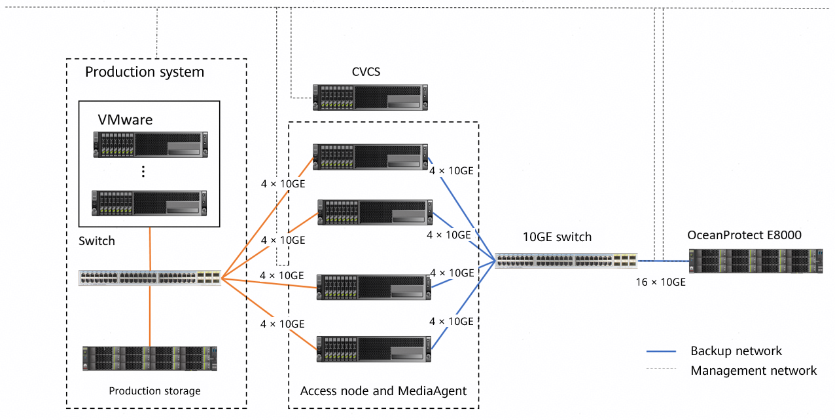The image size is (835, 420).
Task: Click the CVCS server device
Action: (370, 97)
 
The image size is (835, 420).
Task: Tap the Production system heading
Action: (145, 72)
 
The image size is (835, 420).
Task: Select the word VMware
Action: (125, 120)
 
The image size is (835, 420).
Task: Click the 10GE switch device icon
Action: (566, 260)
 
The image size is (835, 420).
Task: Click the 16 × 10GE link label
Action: (661, 282)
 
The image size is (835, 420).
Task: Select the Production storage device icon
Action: (150, 358)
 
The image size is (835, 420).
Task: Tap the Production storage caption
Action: (154, 391)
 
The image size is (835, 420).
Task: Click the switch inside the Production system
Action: (150, 277)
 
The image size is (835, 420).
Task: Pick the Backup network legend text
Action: (736, 351)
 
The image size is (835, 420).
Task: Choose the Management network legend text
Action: (753, 371)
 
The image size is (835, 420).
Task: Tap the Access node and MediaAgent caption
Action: (383, 391)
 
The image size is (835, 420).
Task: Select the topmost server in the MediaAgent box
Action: (370, 155)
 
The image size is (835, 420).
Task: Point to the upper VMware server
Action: (150, 145)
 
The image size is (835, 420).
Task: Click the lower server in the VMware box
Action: (150, 202)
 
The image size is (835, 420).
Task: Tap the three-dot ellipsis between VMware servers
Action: (143, 172)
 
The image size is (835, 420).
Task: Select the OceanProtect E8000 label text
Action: (744, 235)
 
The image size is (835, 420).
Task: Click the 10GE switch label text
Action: (557, 237)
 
